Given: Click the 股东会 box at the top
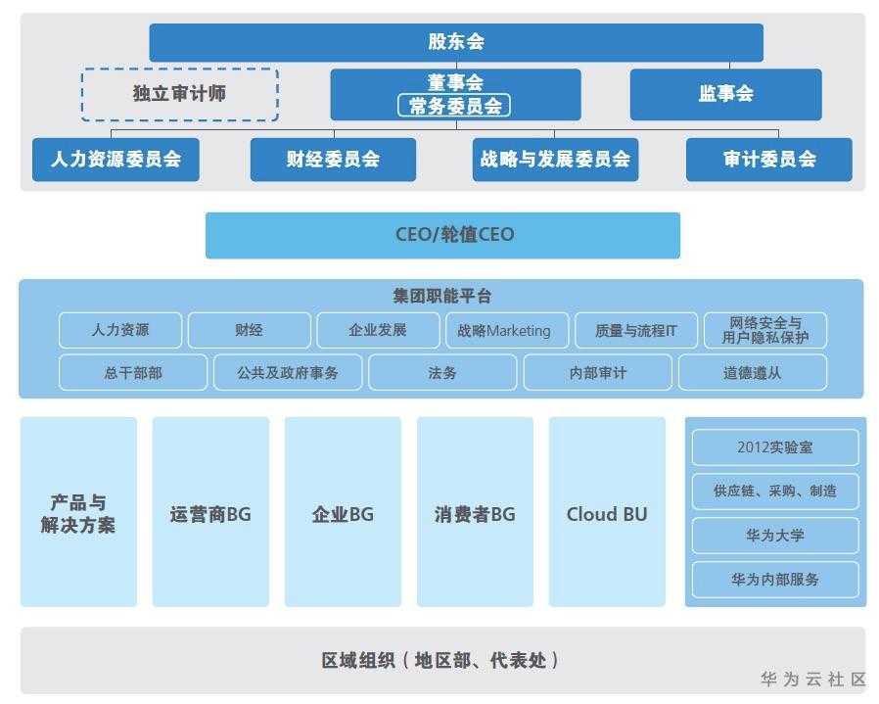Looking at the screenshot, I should tap(455, 42).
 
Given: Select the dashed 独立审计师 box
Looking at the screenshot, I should tap(179, 94).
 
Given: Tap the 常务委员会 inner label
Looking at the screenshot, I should tap(455, 106).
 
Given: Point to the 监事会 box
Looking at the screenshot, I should tap(725, 94).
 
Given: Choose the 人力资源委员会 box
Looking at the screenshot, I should tap(116, 160).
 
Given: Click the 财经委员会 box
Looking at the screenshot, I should tap(333, 160).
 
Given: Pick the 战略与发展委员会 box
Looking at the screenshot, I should tap(555, 160).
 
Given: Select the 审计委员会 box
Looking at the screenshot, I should tap(768, 160).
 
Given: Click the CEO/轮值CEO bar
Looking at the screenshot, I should tap(442, 235).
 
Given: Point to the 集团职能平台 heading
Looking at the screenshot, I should tap(441, 296).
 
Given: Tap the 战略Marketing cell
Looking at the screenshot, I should tap(504, 331).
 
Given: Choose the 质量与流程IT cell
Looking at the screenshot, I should tap(635, 331).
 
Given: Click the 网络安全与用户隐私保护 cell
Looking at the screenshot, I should tap(764, 331).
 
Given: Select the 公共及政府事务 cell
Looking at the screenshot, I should tap(288, 373).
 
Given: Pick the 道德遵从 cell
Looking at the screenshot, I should tap(752, 373).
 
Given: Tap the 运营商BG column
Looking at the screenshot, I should tap(210, 513).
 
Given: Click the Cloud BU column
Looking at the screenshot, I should tap(607, 513).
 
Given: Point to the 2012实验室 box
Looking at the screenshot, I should tap(775, 447).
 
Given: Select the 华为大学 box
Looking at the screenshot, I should tap(775, 536).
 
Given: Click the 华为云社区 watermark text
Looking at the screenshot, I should tap(813, 680).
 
